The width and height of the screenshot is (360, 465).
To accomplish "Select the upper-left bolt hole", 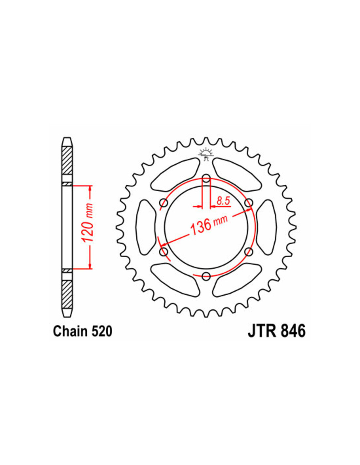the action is (164, 202).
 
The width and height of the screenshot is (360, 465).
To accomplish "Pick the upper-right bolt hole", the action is (249, 202).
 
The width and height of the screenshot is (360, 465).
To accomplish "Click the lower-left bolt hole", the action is (164, 251).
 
